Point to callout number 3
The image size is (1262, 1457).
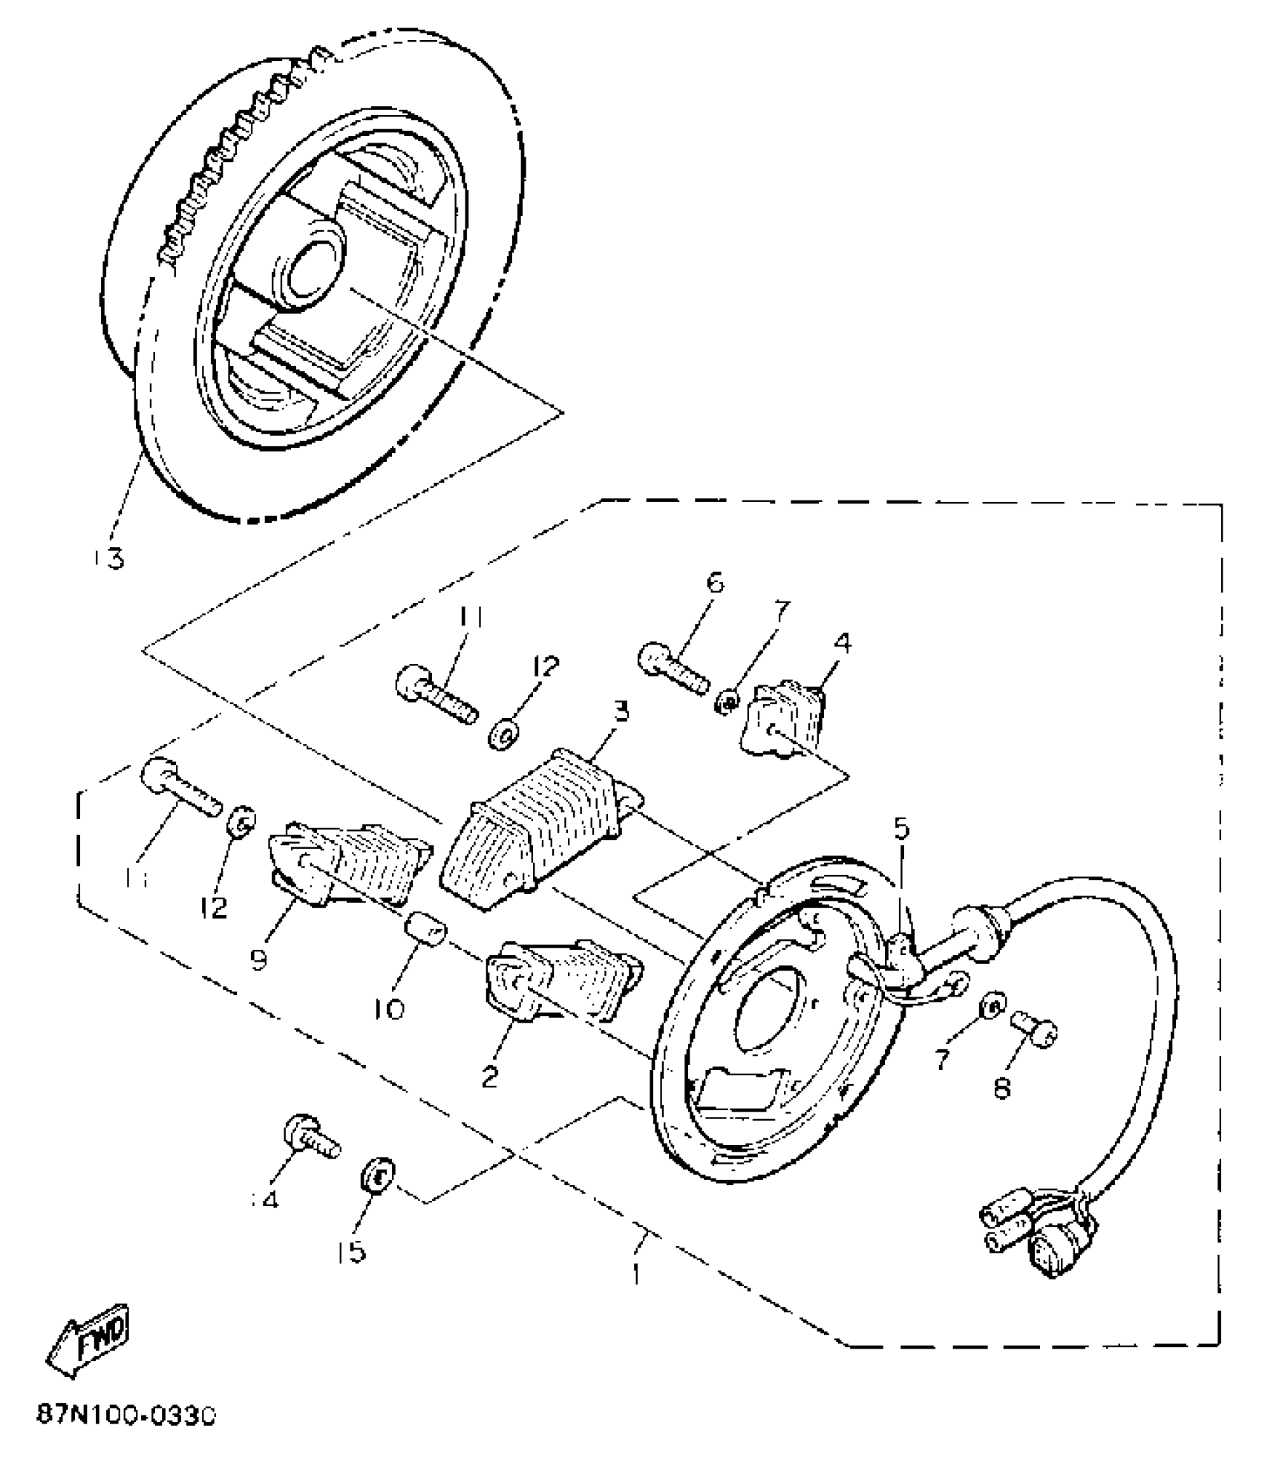click(621, 712)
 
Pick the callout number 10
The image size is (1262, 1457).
click(390, 1008)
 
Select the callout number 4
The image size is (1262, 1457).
click(843, 643)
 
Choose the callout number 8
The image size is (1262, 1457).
click(1001, 1088)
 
